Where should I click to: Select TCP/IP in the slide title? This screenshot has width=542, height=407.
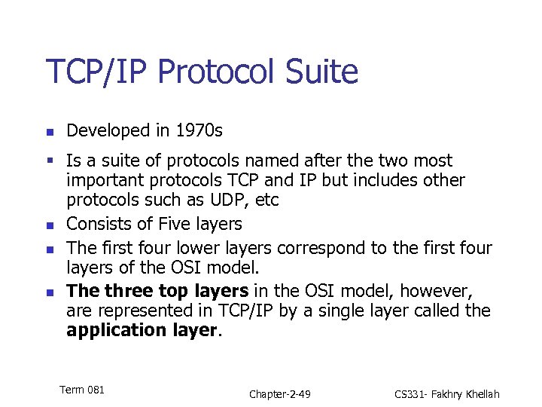(x=96, y=72)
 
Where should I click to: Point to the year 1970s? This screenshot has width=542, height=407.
(x=199, y=131)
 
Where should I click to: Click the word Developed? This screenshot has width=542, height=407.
(x=108, y=131)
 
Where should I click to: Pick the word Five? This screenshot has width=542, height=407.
(x=175, y=224)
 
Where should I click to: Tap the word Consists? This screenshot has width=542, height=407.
(x=99, y=224)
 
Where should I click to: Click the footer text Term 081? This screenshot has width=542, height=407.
(x=81, y=390)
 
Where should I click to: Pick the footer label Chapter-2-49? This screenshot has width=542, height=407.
(x=280, y=394)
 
